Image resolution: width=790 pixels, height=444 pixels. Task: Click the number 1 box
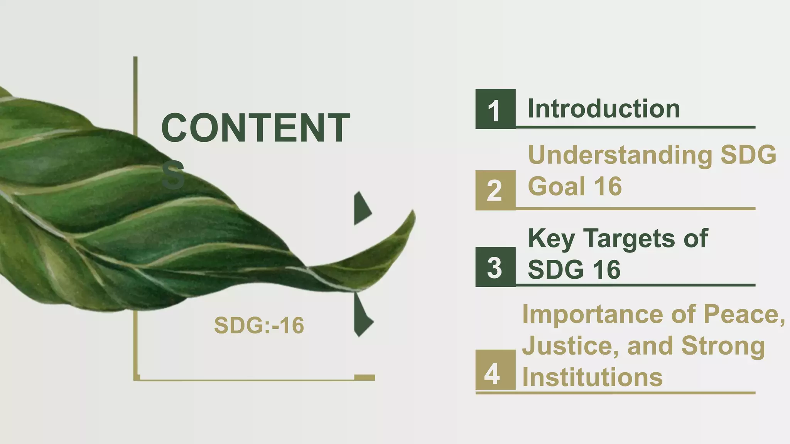495,109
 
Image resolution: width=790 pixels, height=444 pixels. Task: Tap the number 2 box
495,190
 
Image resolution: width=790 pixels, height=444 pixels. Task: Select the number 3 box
495,267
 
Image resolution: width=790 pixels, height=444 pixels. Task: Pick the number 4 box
495,370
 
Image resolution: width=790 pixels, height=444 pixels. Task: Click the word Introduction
604,108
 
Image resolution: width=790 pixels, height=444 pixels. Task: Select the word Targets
629,239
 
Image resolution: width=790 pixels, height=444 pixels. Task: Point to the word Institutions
592,377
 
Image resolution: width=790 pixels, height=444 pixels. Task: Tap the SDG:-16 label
259,325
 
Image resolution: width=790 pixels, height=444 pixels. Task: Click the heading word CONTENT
255,128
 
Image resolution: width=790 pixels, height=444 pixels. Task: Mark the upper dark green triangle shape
361,208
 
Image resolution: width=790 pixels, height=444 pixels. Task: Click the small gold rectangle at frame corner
365,377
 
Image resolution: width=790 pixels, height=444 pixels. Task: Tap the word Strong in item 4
723,346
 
